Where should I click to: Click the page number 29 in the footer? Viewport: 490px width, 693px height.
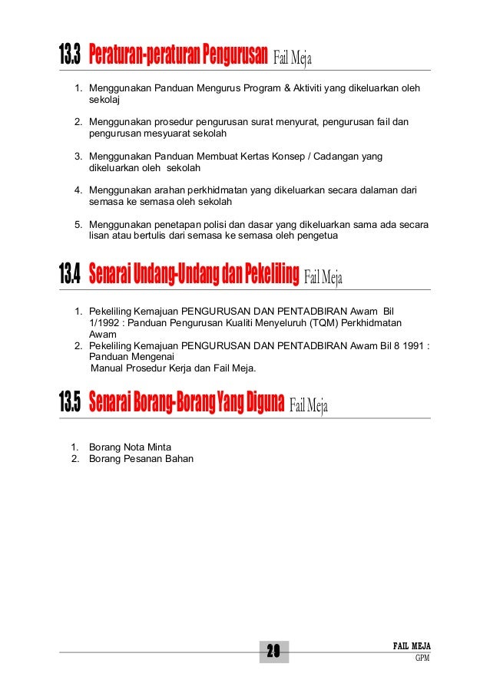(273, 652)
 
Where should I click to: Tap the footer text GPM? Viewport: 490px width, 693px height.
(422, 658)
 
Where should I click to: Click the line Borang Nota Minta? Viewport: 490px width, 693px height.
(131, 447)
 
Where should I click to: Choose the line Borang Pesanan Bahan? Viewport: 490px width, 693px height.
(141, 459)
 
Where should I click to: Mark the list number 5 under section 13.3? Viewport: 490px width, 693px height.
(78, 224)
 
